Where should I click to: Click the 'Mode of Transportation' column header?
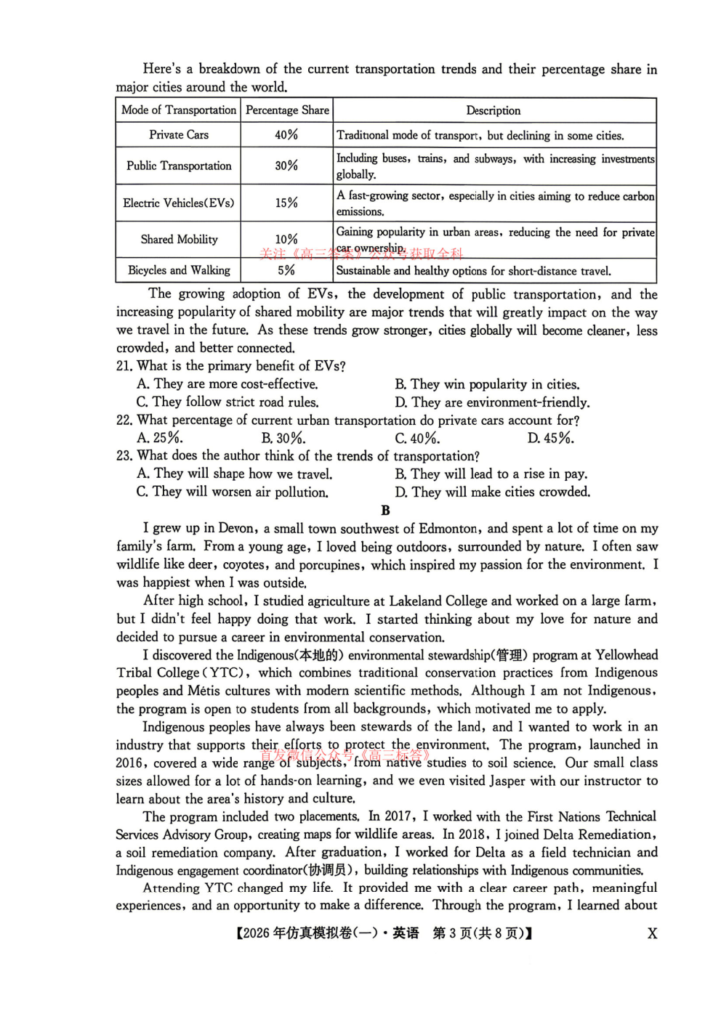pyautogui.click(x=179, y=110)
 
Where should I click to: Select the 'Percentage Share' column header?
pyautogui.click(x=287, y=110)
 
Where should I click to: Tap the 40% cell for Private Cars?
pyautogui.click(x=286, y=135)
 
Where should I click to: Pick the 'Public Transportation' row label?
pyautogui.click(x=179, y=166)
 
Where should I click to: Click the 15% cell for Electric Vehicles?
pyautogui.click(x=286, y=203)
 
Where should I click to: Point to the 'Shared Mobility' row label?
pyautogui.click(x=179, y=239)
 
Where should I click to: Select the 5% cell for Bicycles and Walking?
pyautogui.click(x=286, y=270)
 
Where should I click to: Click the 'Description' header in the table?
pyautogui.click(x=493, y=110)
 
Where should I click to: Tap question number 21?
pyautogui.click(x=124, y=366)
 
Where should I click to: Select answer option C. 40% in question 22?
pyautogui.click(x=417, y=438)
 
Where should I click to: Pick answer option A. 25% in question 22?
pyautogui.click(x=160, y=438)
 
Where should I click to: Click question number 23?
pyautogui.click(x=124, y=456)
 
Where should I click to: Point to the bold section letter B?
pyautogui.click(x=385, y=511)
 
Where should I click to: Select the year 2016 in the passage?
pyautogui.click(x=132, y=763)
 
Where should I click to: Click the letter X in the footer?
pyautogui.click(x=652, y=934)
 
